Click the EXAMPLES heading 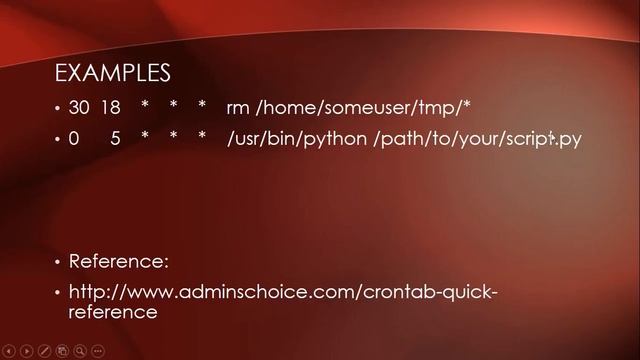coord(112,73)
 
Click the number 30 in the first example coord(79,108)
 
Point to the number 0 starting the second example coord(74,139)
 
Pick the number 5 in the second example coord(116,139)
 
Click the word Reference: coord(118,261)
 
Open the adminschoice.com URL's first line coord(282,292)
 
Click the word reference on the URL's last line coord(113,311)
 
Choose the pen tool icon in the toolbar coord(44,351)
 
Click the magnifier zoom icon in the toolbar coord(79,351)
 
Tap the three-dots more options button coord(97,351)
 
